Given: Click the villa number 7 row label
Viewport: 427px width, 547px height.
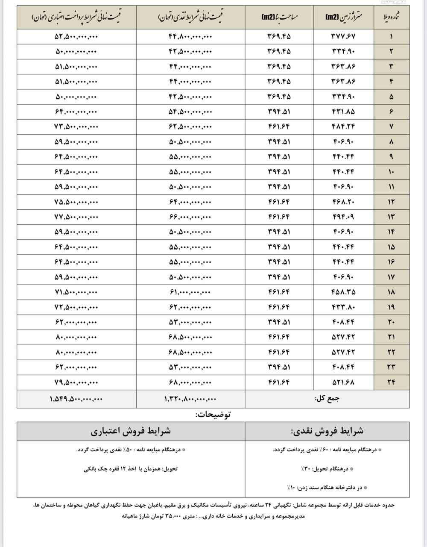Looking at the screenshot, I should (x=391, y=126).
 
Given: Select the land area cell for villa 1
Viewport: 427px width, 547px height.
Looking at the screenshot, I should (x=343, y=36).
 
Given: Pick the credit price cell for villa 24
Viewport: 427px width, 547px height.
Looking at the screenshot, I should (x=76, y=382).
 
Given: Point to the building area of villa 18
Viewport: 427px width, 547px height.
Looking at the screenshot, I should (x=279, y=292).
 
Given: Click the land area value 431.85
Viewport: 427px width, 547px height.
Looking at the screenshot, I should (x=343, y=112).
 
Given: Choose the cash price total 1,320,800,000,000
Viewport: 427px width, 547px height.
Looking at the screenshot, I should (x=190, y=399).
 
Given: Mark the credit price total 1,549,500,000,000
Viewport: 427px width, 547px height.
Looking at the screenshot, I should (x=76, y=399).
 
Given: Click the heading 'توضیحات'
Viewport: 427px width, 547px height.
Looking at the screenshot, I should (x=213, y=414).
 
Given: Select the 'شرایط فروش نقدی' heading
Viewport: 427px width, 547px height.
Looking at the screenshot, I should (x=327, y=431).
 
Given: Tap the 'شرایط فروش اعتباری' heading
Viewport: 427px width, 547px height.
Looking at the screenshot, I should (x=131, y=431).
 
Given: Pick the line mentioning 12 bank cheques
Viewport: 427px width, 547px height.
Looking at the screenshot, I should (x=131, y=469).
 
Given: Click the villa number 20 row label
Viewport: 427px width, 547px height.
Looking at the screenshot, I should (x=391, y=322).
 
